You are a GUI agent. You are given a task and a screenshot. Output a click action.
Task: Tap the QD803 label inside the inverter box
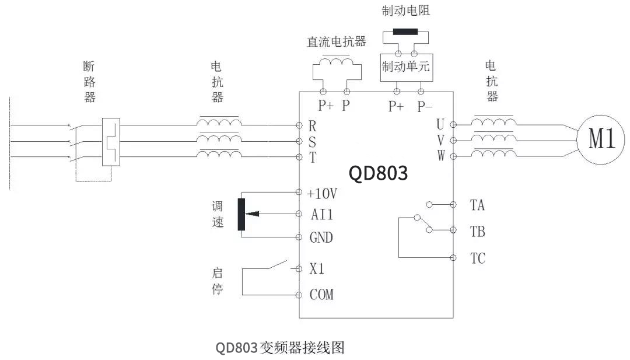pos(377,173)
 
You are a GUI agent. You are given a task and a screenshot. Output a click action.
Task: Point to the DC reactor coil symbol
pos(335,60)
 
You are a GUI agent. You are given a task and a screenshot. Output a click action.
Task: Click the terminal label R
pos(312,125)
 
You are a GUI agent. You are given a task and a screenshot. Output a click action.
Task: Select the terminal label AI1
pos(322,215)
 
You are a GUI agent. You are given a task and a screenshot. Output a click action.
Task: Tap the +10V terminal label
pos(322,193)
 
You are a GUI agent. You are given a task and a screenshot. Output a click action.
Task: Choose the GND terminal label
pos(321,237)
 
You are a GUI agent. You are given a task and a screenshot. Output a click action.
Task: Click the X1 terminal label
pos(317,269)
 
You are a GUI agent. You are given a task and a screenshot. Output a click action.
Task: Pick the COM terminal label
pos(321,295)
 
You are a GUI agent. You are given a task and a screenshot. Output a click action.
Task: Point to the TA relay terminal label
pos(477,205)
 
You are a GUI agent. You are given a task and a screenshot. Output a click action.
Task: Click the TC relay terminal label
pos(477,258)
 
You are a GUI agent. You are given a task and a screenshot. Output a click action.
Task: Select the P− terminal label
pos(425,106)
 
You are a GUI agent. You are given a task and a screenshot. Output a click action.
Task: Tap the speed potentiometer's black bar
pos(241,214)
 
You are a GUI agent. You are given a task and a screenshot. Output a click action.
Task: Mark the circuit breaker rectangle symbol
pos(110,142)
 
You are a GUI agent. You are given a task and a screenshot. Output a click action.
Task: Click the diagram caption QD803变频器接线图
pos(280,348)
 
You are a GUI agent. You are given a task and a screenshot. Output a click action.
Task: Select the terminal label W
pos(441,156)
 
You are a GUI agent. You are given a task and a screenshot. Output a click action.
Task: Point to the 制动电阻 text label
pos(405,11)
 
